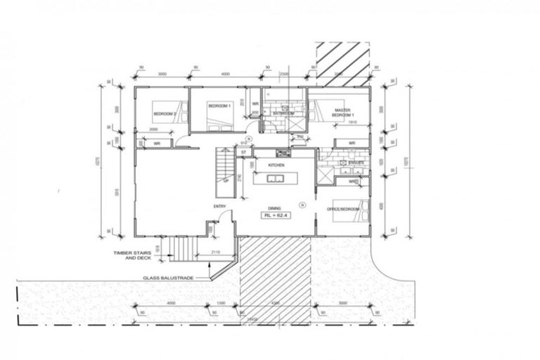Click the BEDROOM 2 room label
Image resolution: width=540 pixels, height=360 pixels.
click(x=163, y=112)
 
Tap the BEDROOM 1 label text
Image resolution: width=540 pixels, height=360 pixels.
click(x=219, y=105)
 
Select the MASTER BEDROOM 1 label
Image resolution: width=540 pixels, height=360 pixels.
click(x=343, y=112)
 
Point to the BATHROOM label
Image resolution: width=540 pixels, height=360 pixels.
click(x=283, y=112)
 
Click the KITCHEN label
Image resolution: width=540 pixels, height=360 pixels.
click(x=277, y=165)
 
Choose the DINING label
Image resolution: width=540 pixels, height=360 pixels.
click(x=275, y=207)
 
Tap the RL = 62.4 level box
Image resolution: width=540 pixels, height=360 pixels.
click(x=276, y=216)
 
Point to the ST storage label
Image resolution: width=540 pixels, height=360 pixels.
click(x=243, y=152)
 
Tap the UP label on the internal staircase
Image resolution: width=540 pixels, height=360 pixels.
click(x=226, y=181)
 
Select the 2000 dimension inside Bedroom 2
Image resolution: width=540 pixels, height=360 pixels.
click(x=153, y=130)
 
